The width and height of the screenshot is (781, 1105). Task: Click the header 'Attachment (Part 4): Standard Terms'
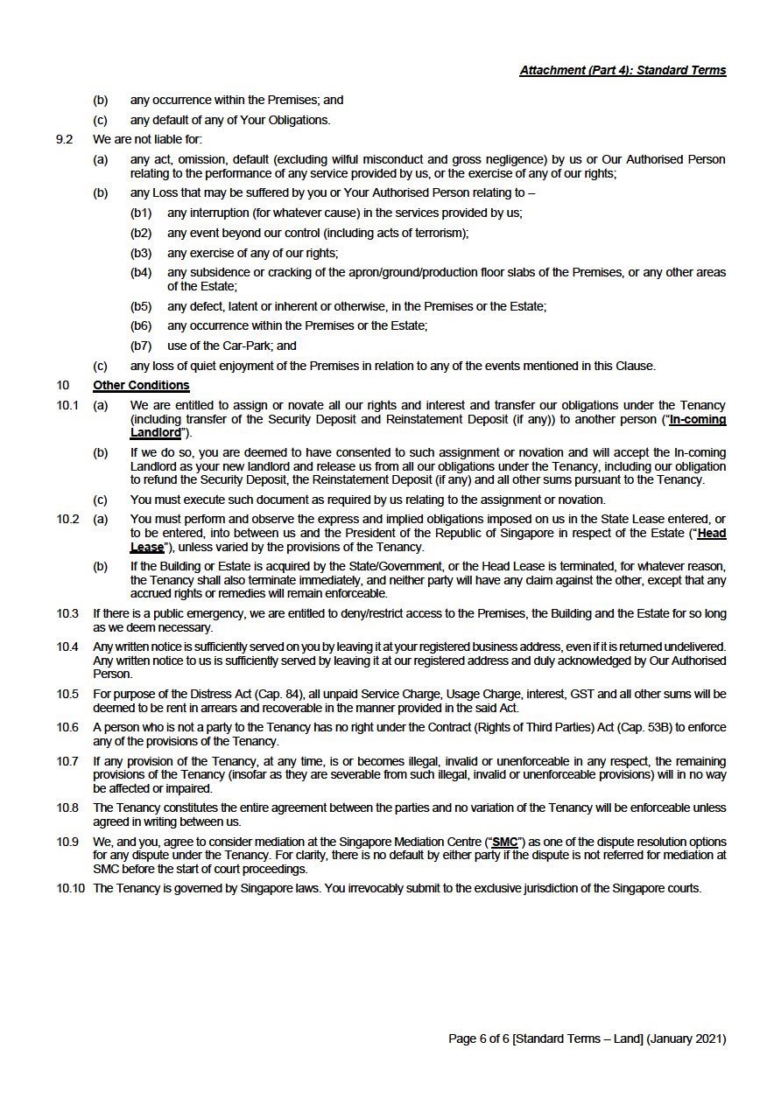[x=623, y=70]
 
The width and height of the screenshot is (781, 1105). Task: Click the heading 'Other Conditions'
[x=141, y=386]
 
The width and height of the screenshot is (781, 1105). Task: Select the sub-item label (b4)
[x=141, y=273]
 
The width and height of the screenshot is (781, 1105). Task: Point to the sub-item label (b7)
[x=141, y=346]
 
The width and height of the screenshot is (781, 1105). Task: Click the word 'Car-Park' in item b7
[x=246, y=346]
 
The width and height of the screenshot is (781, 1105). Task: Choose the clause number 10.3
[x=67, y=613]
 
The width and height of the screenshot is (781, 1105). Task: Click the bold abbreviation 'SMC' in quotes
[x=505, y=842]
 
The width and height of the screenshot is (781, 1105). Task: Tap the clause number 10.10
[x=71, y=888]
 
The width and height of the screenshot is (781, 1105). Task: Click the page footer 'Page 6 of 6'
[x=478, y=1039]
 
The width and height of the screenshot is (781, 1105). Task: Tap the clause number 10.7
[x=67, y=761]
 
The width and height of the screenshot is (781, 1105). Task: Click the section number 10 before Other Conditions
[x=63, y=386]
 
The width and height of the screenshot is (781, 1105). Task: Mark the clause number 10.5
[x=67, y=694]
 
